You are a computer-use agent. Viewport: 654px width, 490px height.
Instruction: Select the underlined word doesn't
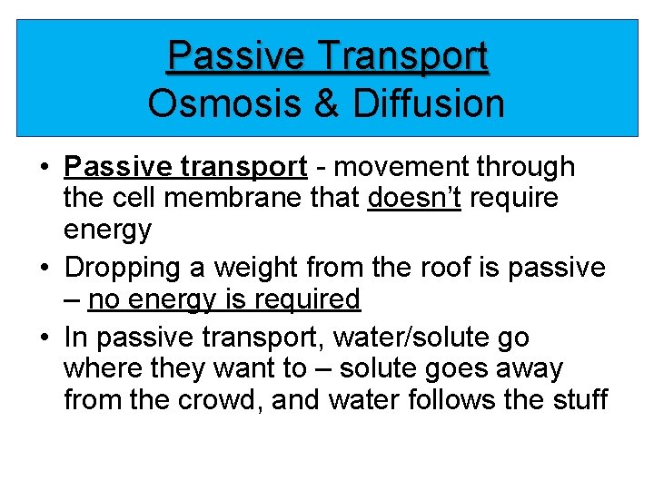(x=411, y=198)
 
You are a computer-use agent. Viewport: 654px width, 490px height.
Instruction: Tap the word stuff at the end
(x=576, y=399)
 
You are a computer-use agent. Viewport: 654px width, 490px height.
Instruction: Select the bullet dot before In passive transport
(x=44, y=338)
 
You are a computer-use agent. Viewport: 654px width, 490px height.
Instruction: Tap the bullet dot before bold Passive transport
(x=44, y=168)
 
